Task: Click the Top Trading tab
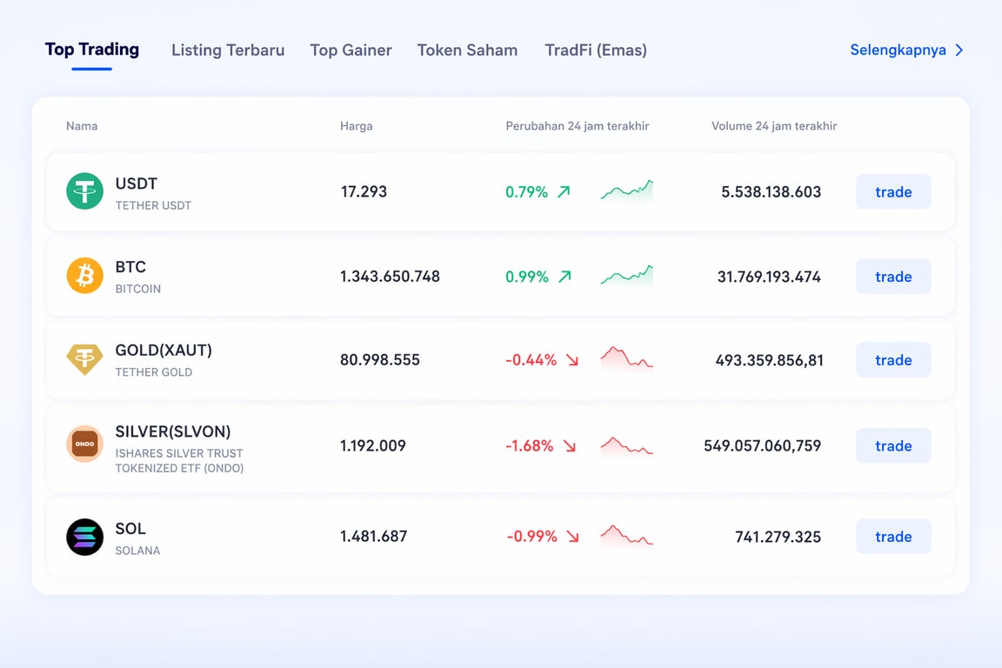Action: click(x=92, y=50)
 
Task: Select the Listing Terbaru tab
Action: click(x=228, y=50)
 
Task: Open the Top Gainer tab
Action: click(x=351, y=50)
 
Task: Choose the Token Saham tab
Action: click(x=467, y=50)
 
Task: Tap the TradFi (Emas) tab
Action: click(x=596, y=50)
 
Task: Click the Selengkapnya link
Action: click(x=906, y=50)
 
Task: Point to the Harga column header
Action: click(x=356, y=126)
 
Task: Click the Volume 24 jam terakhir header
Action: click(x=774, y=126)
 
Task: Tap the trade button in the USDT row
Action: click(x=893, y=192)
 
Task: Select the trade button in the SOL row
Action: click(x=893, y=537)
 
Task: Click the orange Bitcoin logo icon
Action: click(x=84, y=277)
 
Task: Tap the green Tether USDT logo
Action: click(x=84, y=191)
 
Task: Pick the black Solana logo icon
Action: click(x=84, y=537)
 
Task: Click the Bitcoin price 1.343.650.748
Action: click(x=390, y=277)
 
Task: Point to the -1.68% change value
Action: click(x=530, y=446)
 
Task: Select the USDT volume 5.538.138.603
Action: click(x=771, y=192)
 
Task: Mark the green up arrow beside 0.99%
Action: click(x=564, y=277)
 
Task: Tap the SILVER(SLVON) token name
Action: click(x=173, y=431)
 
